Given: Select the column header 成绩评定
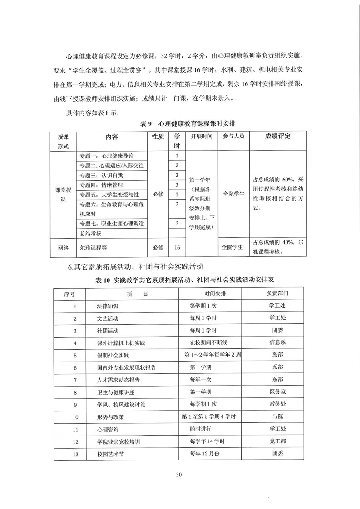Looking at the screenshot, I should point(276,136).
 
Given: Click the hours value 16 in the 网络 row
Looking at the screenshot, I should point(177,248).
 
